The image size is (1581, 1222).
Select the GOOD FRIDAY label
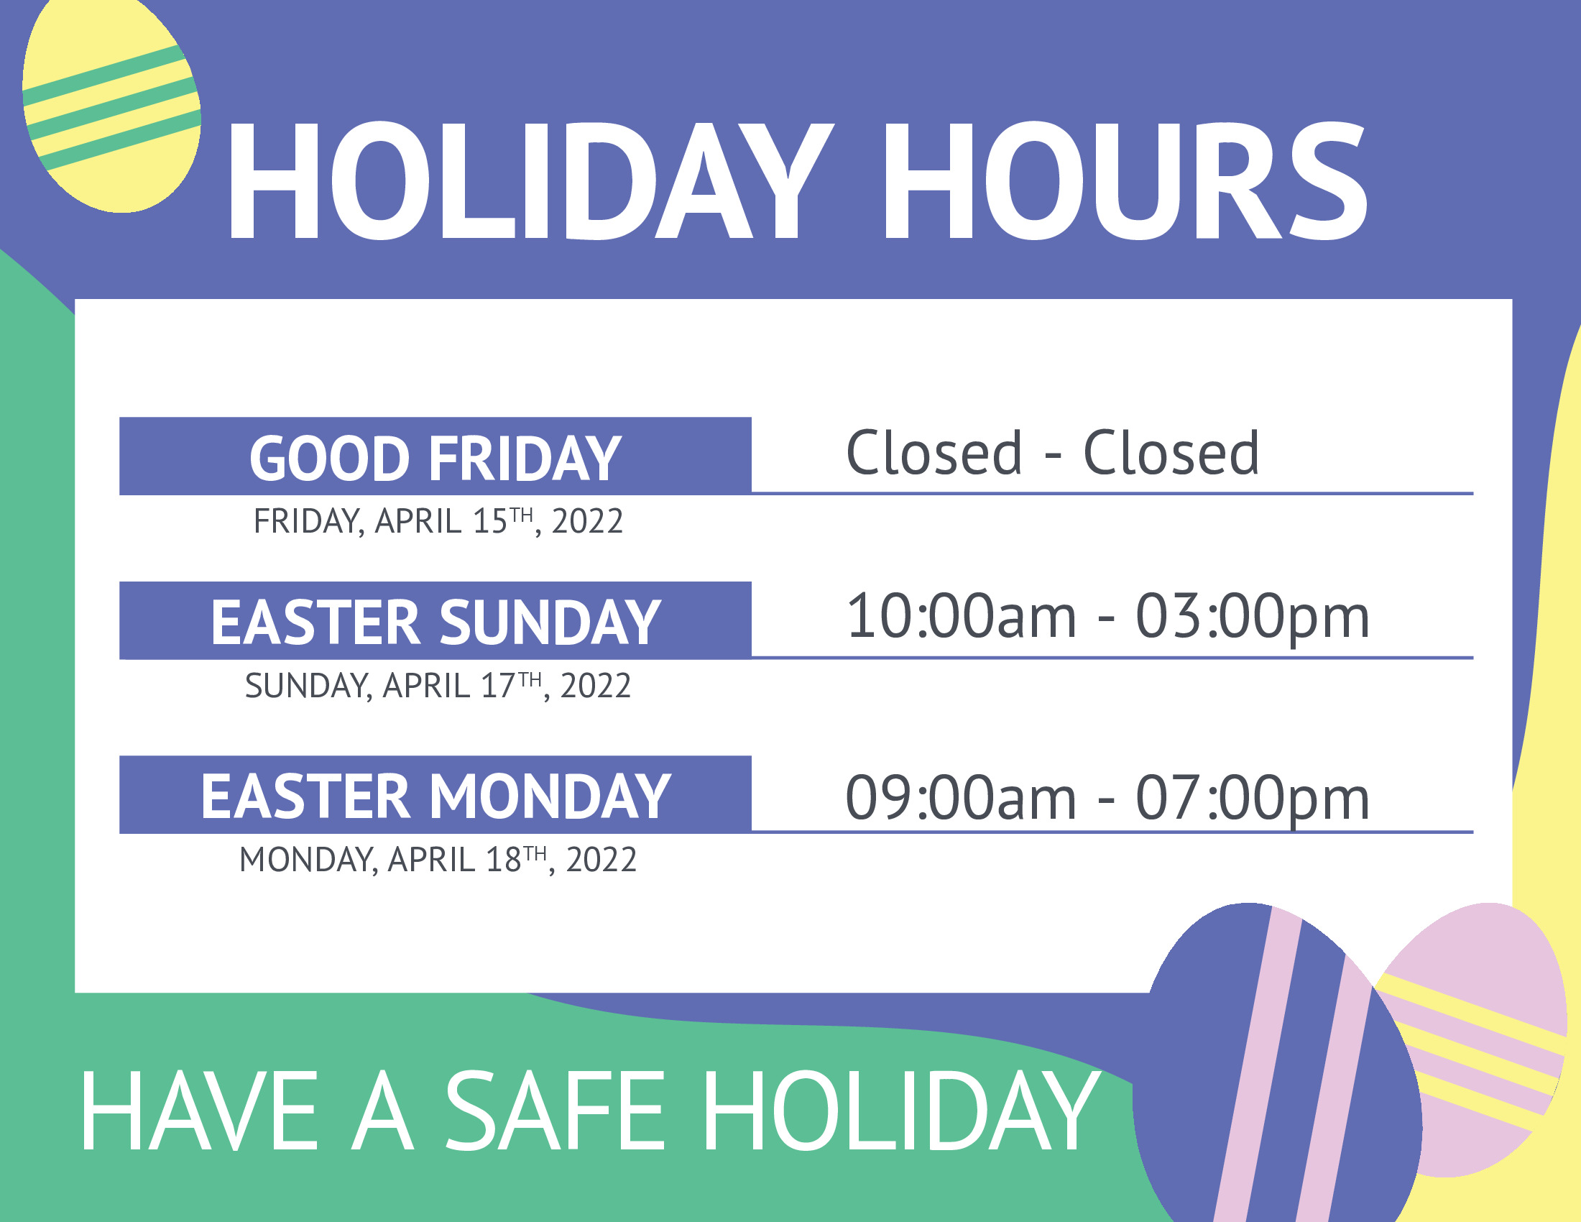[435, 459]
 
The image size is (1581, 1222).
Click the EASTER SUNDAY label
[435, 623]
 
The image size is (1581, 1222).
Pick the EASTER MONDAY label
[435, 796]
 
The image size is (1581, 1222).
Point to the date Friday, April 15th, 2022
[438, 521]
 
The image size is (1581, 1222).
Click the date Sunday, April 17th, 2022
[438, 686]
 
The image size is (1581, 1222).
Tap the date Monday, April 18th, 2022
[438, 860]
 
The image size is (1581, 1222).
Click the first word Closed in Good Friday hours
[934, 453]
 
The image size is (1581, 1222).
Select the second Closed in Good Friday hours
[1171, 453]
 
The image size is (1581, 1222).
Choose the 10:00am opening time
[962, 617]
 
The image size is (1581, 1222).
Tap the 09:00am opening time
[962, 799]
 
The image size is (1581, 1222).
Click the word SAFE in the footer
[555, 1111]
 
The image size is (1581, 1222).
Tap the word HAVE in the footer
[200, 1111]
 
